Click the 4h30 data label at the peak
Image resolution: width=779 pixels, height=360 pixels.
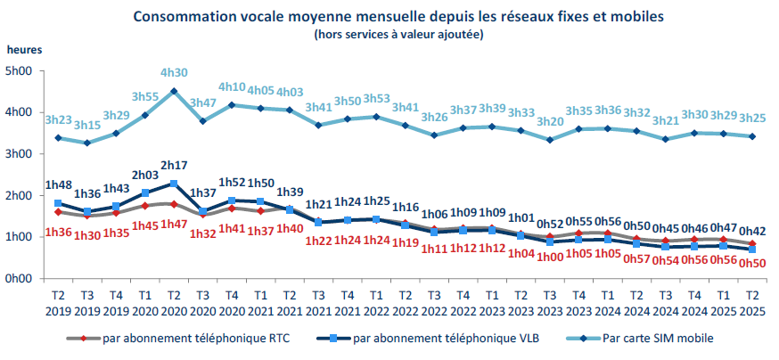(x=174, y=73)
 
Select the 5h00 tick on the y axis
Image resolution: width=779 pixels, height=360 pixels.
(x=20, y=71)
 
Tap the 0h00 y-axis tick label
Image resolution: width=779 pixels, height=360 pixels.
(x=20, y=279)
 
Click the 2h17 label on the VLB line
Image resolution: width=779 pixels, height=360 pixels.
(x=174, y=165)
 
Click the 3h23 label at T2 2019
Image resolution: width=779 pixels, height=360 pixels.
(x=58, y=119)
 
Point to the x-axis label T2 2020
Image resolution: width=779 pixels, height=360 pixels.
(x=173, y=303)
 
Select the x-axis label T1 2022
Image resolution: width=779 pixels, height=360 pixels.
(x=376, y=303)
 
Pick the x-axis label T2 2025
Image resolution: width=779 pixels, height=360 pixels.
(x=753, y=303)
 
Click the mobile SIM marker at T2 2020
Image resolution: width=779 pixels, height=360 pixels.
(x=174, y=91)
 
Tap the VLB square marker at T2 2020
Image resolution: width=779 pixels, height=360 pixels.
(x=174, y=184)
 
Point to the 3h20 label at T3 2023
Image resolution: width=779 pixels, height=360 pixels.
(x=551, y=121)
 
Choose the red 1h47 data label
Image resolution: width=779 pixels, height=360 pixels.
(x=174, y=223)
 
